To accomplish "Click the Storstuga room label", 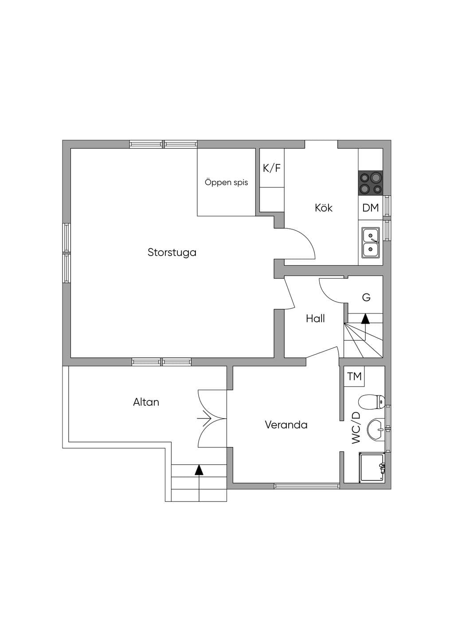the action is [x=172, y=253].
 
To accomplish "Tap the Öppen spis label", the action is [x=226, y=182].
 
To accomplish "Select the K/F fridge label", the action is [x=272, y=168].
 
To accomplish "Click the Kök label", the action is [x=324, y=207].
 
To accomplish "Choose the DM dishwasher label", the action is [x=371, y=208].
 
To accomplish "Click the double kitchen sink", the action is [x=370, y=243].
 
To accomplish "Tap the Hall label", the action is [x=315, y=319].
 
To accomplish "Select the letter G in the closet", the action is [x=366, y=298].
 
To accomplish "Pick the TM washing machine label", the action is [x=354, y=376].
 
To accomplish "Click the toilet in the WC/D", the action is [x=371, y=402].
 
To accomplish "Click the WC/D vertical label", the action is [x=356, y=428].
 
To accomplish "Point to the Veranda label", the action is [x=286, y=425].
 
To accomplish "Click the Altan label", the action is [x=146, y=403].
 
